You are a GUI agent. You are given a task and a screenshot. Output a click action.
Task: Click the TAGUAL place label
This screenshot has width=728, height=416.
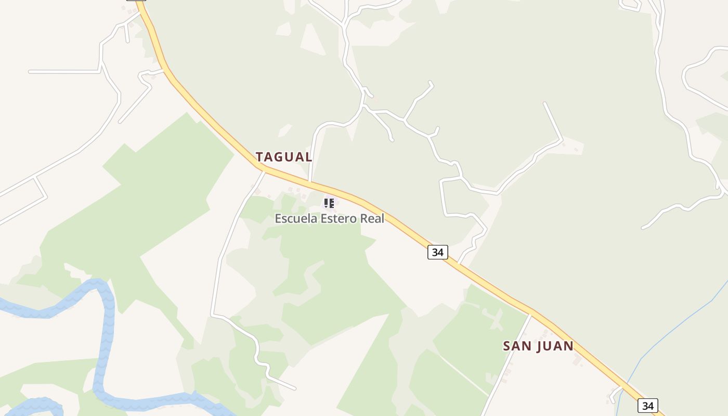coord(284,157)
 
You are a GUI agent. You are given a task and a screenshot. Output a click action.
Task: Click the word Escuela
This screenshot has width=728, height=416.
coord(295,218)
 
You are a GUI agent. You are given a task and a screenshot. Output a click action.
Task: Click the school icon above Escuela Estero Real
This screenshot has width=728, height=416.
coord(329,203)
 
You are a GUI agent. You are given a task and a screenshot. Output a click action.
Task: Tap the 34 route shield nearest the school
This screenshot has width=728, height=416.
coord(438,252)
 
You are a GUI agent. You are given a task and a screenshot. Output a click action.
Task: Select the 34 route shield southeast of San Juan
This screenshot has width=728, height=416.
coord(647,406)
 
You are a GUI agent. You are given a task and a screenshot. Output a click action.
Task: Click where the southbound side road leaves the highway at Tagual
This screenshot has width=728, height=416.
coord(264,170)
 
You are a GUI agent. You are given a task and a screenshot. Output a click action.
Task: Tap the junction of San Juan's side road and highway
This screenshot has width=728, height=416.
coord(531,313)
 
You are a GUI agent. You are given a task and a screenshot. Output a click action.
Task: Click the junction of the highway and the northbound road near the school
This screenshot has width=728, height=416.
coord(310,183)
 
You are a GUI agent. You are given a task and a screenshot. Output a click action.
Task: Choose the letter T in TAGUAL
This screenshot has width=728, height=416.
coord(260,157)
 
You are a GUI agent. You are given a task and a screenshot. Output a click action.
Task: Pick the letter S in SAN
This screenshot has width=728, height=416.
coord(507,346)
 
